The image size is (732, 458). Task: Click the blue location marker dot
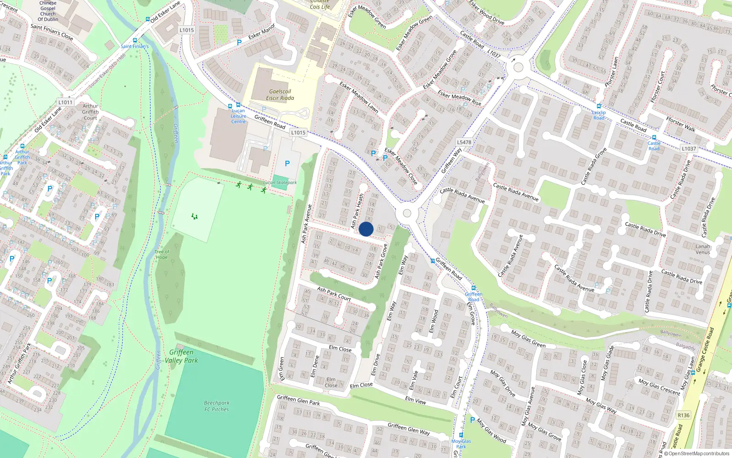[x=366, y=229]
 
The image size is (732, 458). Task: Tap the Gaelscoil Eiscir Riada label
[x=280, y=95]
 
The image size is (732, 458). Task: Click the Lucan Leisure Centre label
[x=238, y=116]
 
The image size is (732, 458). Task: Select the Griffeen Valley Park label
[x=182, y=356]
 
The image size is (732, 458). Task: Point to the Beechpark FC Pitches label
[x=217, y=406]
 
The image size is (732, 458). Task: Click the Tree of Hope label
[x=161, y=254]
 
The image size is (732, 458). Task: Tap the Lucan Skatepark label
[x=280, y=182]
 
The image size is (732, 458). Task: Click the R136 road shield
[x=684, y=415]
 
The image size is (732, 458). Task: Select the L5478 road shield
[x=464, y=142]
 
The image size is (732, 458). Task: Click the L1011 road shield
[x=65, y=102]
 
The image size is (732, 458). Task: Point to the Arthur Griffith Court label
[x=90, y=112]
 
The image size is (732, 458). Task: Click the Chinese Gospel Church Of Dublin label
[x=48, y=11]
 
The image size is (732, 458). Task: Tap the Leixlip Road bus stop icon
[x=598, y=106]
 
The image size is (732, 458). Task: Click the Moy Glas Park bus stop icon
[x=461, y=435]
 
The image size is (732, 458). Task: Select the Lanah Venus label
[x=703, y=249]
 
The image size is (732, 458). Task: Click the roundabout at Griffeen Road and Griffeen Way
[x=407, y=213]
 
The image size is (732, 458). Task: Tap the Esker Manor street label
[x=262, y=32]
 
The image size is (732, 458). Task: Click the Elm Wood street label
[x=433, y=322]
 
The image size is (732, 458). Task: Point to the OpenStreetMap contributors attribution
[x=697, y=454]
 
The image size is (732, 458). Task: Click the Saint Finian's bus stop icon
[x=135, y=40]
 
